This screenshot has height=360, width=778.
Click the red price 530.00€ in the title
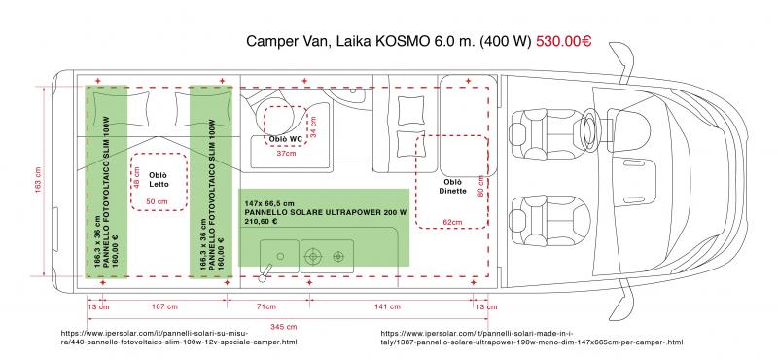point(564,41)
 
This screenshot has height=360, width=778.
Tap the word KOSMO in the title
point(401,41)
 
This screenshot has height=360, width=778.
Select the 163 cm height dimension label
point(38,180)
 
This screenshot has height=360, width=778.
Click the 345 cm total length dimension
point(284,326)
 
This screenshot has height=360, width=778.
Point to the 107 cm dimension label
point(163,306)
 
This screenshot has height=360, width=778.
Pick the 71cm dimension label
point(266,306)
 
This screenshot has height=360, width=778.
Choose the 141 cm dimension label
point(387,306)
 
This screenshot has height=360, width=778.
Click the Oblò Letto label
point(159,180)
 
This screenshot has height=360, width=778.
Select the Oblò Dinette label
point(452,187)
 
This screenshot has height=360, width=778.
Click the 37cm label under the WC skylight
point(286,154)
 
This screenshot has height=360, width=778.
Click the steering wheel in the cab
point(590,129)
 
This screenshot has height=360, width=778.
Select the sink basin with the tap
point(279,256)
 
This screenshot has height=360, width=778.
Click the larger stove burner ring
point(313,256)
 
